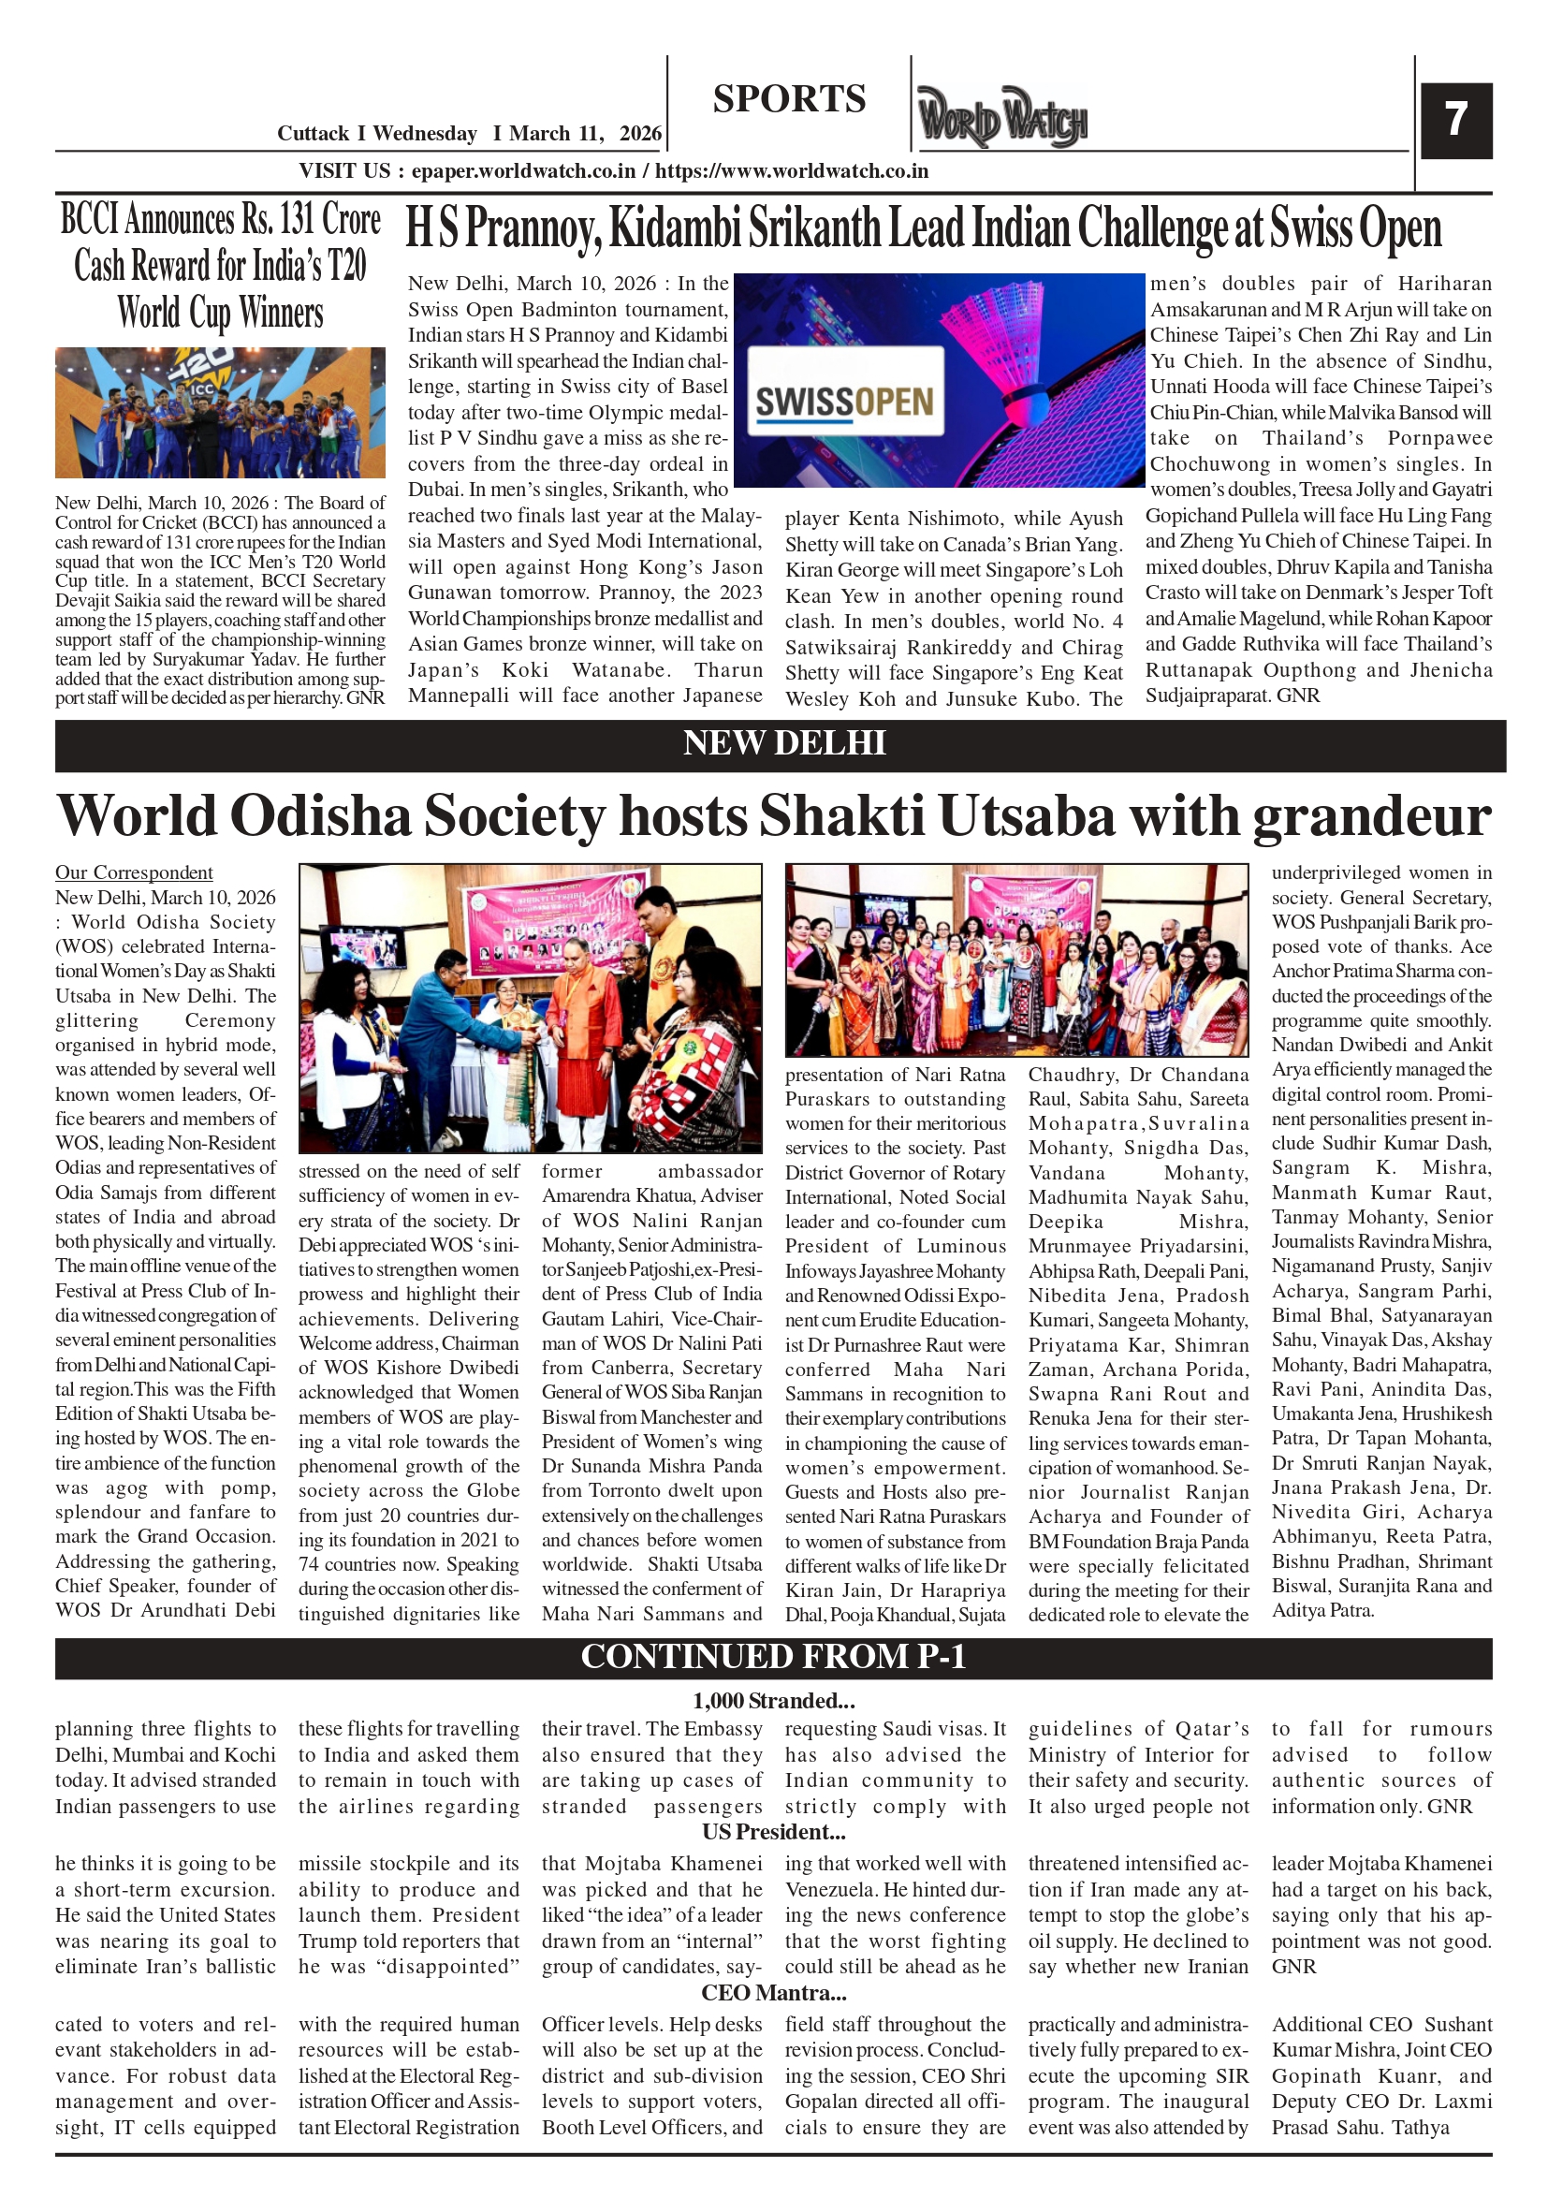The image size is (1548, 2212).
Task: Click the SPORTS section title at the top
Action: (x=789, y=99)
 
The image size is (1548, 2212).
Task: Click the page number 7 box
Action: (x=1455, y=121)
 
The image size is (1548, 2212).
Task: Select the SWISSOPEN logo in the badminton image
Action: (x=845, y=402)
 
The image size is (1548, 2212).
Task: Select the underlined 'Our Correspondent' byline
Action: (x=134, y=872)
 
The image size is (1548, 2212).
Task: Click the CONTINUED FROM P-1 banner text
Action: (x=772, y=1657)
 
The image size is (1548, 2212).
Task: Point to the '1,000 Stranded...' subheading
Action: (x=772, y=1701)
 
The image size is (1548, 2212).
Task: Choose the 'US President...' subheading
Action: (x=772, y=1831)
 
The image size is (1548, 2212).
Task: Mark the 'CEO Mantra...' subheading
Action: (x=772, y=1992)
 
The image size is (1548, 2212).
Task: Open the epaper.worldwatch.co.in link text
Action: (x=523, y=171)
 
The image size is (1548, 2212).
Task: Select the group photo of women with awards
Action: (x=1016, y=960)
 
